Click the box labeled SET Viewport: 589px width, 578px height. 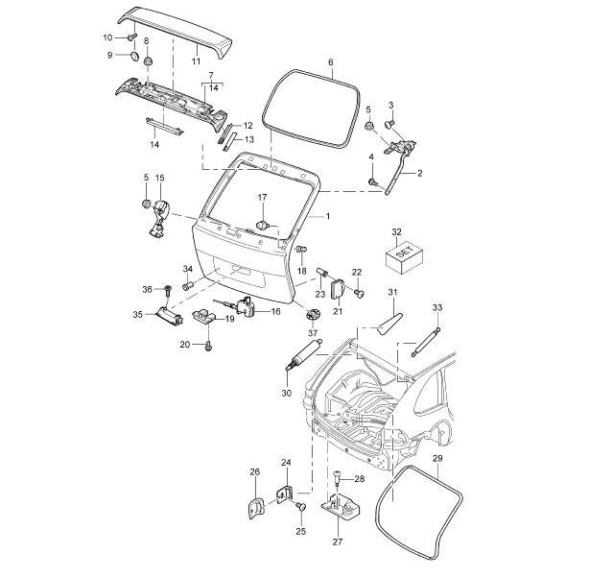404,256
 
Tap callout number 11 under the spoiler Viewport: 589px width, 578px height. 196,61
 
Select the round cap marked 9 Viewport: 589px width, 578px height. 133,56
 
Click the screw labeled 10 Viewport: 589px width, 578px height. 131,37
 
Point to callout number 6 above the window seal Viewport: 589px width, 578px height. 331,62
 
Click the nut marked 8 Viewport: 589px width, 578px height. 148,60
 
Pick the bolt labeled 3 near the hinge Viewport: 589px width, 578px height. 389,123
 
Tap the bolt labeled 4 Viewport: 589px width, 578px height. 373,182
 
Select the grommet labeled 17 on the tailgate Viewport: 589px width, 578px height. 263,225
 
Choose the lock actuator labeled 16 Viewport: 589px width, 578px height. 246,305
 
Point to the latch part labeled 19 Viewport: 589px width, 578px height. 204,316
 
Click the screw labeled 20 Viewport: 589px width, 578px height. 208,348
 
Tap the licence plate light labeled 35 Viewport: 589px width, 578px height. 170,314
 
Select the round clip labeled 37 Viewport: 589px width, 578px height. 313,314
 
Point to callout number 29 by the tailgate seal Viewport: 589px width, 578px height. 437,458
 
